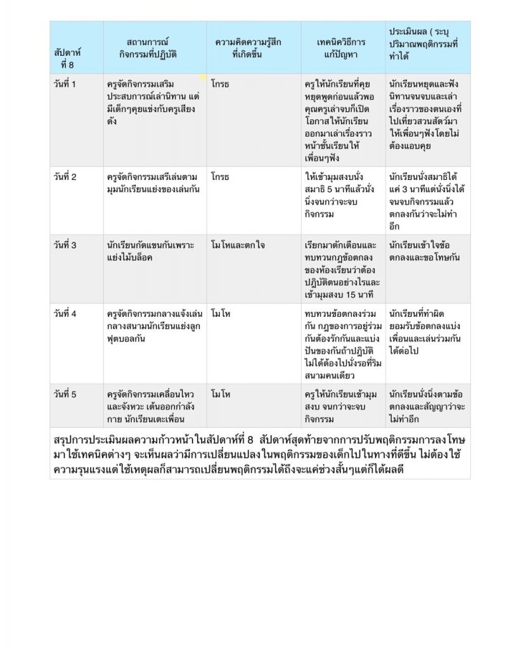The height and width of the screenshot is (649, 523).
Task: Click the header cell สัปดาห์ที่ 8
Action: click(68, 59)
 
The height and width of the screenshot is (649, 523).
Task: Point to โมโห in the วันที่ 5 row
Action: click(221, 394)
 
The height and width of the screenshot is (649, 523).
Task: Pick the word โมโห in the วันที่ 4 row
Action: click(221, 314)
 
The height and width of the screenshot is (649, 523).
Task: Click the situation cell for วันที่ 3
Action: click(151, 251)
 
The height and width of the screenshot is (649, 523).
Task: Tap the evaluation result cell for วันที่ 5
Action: click(427, 406)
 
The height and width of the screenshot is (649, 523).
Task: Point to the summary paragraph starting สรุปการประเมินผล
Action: click(260, 455)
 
